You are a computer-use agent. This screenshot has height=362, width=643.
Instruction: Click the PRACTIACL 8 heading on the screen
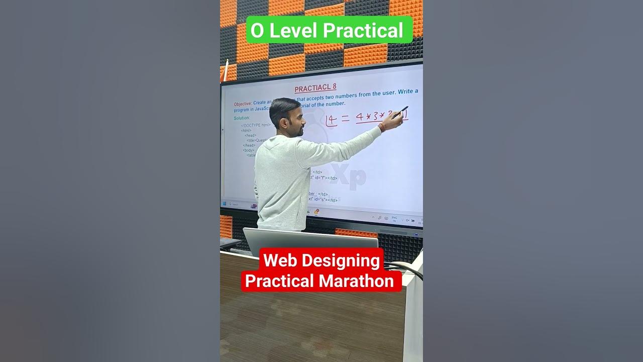(315, 88)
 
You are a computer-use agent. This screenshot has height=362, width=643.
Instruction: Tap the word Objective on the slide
(242, 104)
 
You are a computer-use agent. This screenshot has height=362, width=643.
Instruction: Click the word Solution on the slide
(242, 118)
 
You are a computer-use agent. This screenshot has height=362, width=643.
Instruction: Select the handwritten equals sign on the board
(346, 119)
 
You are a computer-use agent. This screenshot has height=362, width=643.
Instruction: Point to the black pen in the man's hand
(400, 112)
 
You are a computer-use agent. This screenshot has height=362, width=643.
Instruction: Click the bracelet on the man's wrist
(382, 127)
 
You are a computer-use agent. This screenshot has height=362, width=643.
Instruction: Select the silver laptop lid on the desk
(310, 241)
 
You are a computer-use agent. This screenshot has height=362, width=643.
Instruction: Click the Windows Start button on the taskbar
(225, 204)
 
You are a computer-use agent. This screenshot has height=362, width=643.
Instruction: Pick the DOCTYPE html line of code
(256, 125)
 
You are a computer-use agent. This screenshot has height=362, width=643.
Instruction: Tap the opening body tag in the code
(249, 150)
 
